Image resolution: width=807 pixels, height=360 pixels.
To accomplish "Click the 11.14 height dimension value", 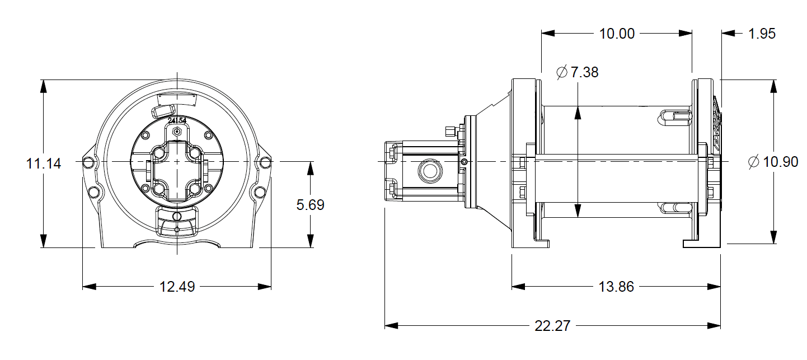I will pyautogui.click(x=43, y=164).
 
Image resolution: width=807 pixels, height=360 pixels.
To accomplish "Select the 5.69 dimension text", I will pyautogui.click(x=310, y=205).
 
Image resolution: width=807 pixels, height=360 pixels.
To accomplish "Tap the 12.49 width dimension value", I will pyautogui.click(x=177, y=287).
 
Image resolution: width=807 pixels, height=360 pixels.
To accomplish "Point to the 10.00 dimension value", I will pyautogui.click(x=617, y=34).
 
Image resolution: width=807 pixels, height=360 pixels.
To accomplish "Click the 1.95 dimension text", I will pyautogui.click(x=762, y=34).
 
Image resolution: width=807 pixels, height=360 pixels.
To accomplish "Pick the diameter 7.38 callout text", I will pyautogui.click(x=578, y=72).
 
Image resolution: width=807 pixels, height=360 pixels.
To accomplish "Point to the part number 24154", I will pyautogui.click(x=177, y=119).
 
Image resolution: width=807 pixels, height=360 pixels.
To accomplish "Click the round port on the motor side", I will pyautogui.click(x=429, y=171).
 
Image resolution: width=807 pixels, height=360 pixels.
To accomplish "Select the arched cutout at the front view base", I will pyautogui.click(x=177, y=244).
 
